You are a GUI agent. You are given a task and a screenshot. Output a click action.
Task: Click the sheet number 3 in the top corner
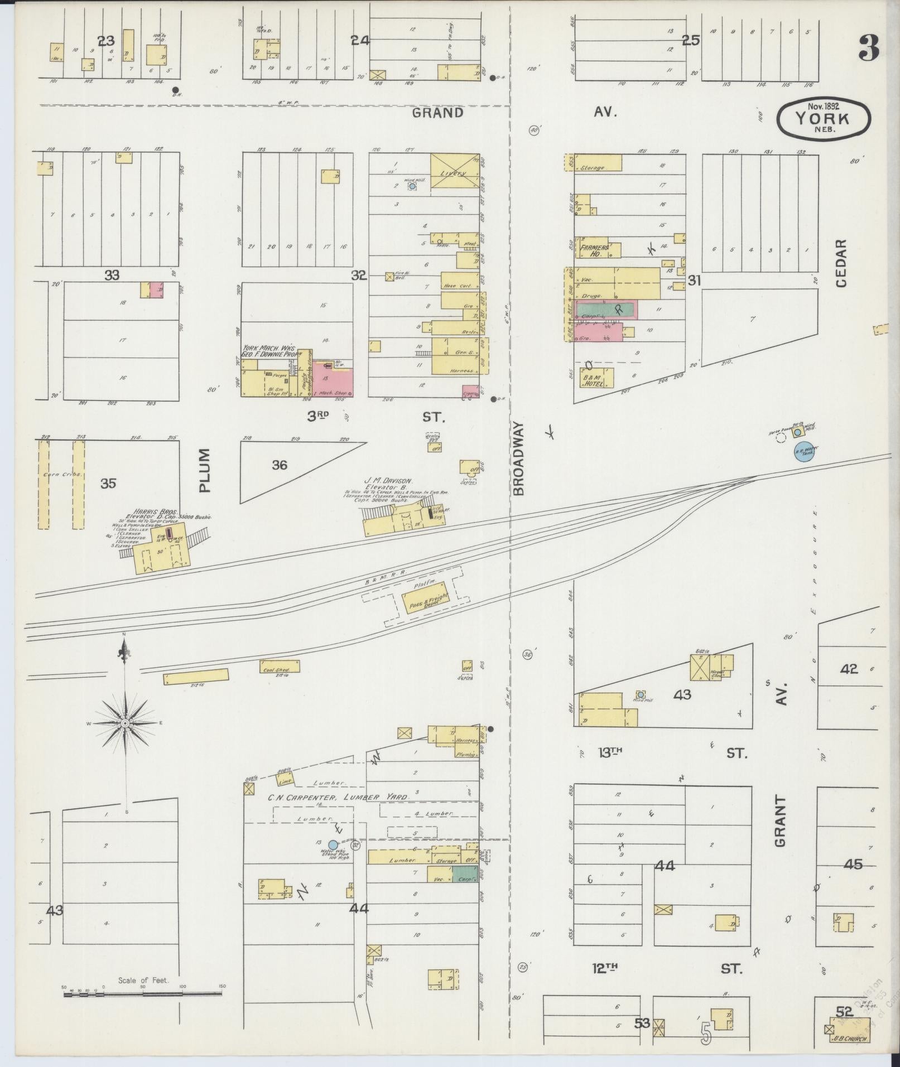[x=868, y=48]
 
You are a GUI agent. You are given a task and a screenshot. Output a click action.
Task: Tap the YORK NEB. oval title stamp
[x=823, y=118]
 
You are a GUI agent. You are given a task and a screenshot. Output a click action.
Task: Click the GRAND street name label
[x=437, y=113]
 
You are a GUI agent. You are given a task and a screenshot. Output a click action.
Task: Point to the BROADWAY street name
[x=519, y=458]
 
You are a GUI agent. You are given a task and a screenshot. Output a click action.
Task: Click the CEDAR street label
[x=841, y=263]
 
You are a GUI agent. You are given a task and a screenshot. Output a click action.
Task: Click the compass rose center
[x=125, y=723]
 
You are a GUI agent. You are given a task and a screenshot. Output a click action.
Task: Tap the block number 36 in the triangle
[x=279, y=465]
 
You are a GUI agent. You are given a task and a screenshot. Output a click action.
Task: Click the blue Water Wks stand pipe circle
[x=333, y=845]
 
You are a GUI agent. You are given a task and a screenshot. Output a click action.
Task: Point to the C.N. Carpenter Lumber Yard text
[x=338, y=797]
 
